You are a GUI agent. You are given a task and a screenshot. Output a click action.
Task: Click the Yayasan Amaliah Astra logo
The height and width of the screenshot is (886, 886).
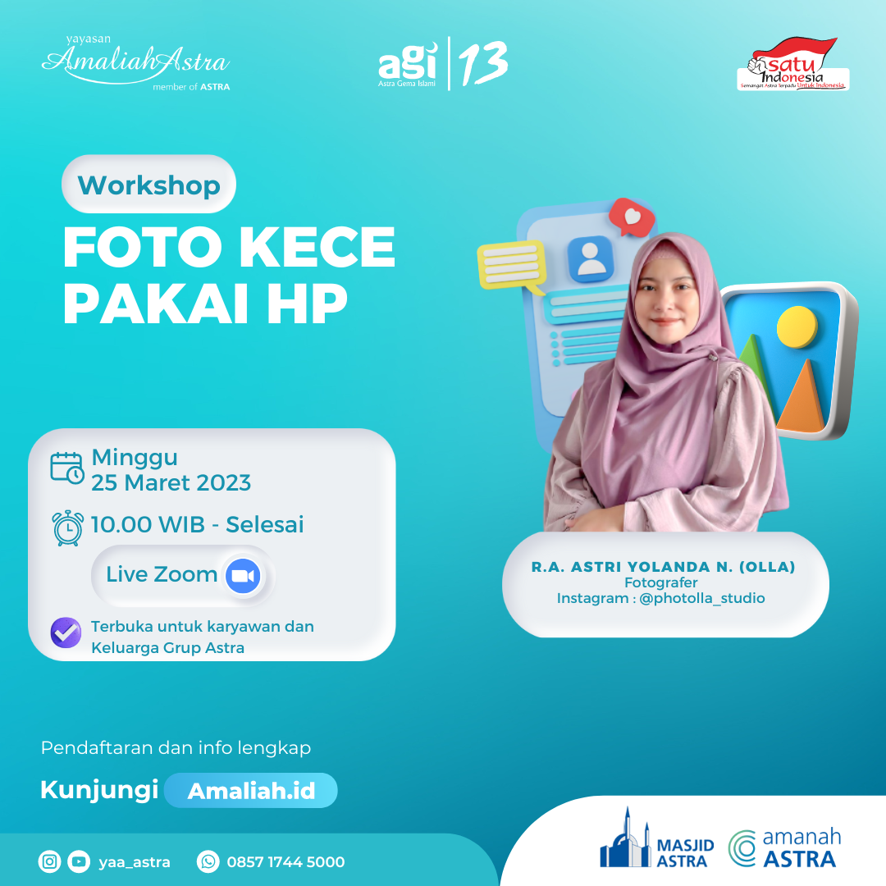(135, 62)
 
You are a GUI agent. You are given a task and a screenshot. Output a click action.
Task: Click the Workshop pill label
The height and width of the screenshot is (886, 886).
(148, 185)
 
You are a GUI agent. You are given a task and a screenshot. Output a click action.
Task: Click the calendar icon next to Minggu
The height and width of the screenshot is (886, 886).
(66, 468)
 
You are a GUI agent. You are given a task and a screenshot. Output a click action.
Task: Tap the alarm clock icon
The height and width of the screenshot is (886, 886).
(67, 527)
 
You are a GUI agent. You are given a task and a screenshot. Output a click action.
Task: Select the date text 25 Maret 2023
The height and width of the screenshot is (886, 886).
(171, 482)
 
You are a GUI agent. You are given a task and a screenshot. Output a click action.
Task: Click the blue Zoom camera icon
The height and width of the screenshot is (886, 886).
(242, 576)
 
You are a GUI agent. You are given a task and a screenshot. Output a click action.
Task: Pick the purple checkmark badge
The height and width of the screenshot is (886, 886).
(66, 633)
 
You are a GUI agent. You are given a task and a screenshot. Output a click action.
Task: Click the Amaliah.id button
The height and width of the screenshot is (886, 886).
(250, 791)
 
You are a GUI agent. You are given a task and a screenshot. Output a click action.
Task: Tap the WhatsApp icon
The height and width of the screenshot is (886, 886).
(208, 861)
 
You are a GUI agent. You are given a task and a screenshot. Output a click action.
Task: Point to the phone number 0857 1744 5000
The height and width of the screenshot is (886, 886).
(285, 861)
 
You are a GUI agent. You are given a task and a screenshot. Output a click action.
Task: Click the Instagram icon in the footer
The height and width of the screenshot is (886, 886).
(50, 861)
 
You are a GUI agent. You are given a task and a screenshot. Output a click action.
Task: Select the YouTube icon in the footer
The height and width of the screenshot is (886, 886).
(79, 861)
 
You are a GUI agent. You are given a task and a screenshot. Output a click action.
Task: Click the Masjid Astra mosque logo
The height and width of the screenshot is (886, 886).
(626, 841)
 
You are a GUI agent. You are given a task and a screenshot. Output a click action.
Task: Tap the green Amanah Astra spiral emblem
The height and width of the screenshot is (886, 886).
(743, 848)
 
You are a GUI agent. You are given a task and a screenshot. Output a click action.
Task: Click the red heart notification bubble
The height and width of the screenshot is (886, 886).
(633, 217)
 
